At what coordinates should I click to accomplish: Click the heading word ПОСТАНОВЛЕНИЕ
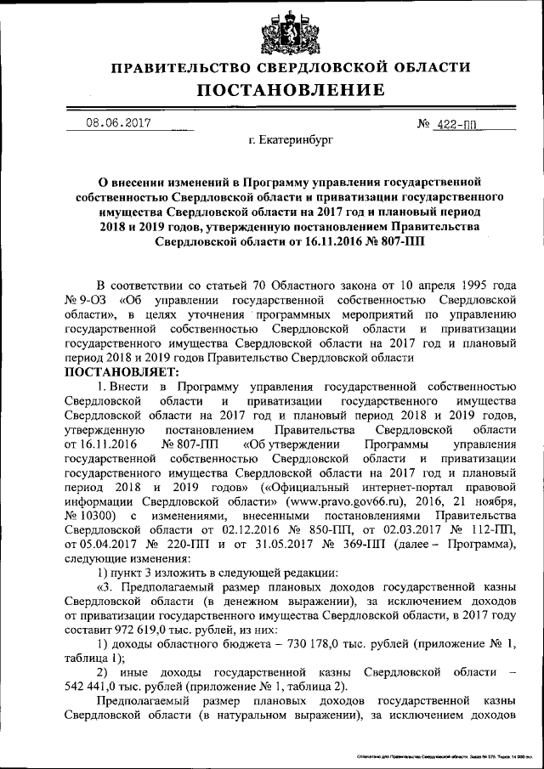(280, 90)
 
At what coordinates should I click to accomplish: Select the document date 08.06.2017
(118, 122)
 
